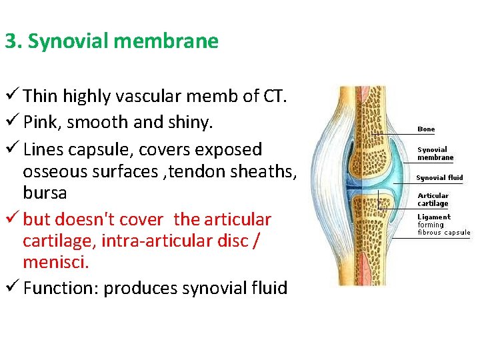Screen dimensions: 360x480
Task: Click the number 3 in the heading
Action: [10, 41]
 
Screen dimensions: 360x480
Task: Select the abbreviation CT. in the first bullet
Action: [274, 96]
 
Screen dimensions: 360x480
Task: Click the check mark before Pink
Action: [12, 122]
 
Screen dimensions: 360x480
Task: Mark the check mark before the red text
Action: [12, 219]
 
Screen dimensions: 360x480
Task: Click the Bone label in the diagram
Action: [426, 129]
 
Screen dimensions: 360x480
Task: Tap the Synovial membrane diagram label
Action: [435, 153]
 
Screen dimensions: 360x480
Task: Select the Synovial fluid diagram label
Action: [439, 178]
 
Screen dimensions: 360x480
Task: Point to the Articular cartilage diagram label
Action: [433, 199]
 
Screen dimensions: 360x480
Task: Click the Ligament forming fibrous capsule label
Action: [443, 225]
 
